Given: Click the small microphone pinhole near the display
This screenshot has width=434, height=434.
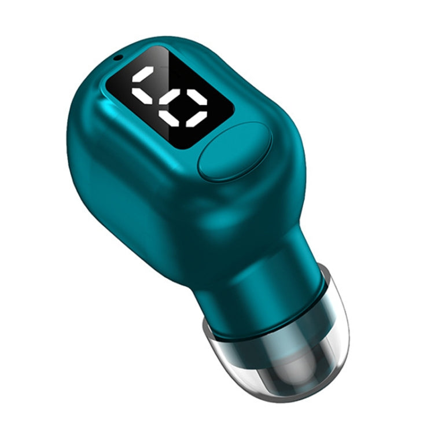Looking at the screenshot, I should tap(118, 56).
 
